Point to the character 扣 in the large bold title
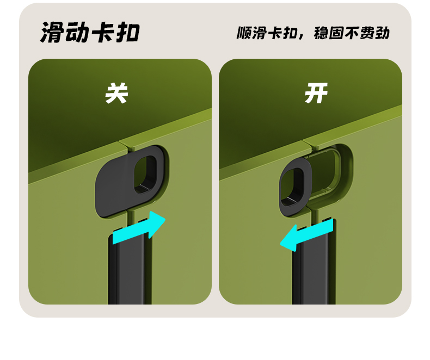point(128,32)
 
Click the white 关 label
point(117,93)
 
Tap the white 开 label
point(316,93)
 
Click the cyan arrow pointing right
point(139,228)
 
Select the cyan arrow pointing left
point(306,235)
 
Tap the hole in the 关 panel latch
point(145,175)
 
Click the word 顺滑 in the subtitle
point(252,33)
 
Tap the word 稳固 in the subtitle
point(328,33)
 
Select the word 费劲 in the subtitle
point(374,33)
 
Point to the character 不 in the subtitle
point(352,33)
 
